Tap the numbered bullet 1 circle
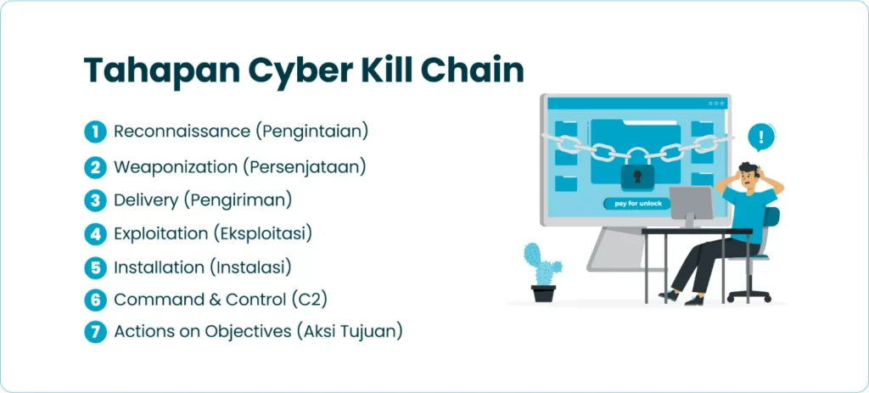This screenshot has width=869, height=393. [95, 132]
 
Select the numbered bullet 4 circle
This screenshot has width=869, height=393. [95, 233]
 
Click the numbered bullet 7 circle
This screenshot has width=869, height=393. [95, 332]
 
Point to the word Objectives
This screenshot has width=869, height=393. [247, 332]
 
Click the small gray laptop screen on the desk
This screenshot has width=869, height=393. [691, 204]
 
